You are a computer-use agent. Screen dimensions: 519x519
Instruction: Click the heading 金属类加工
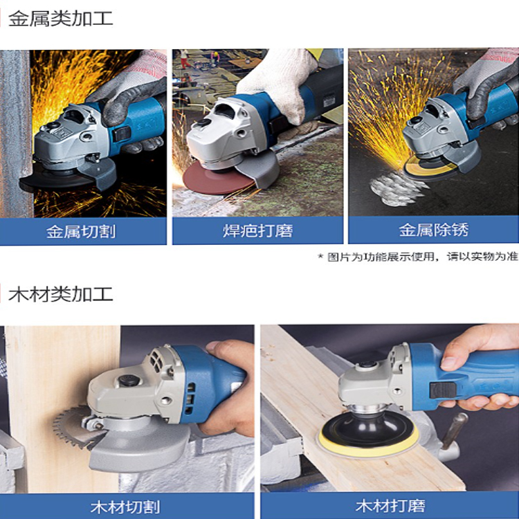(61, 19)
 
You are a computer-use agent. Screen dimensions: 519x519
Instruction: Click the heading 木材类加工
(61, 294)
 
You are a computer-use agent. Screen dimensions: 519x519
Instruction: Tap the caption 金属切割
(81, 231)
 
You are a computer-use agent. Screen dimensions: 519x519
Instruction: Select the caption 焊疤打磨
(258, 230)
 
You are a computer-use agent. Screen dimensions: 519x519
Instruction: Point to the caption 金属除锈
(434, 230)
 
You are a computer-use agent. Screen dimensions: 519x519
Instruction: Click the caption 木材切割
(125, 507)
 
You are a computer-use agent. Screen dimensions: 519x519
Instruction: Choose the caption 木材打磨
(390, 506)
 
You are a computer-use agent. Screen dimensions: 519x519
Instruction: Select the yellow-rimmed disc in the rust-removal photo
(430, 168)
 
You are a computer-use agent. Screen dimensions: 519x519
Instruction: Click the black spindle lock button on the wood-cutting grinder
(129, 380)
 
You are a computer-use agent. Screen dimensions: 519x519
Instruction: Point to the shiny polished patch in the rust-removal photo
(397, 190)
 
